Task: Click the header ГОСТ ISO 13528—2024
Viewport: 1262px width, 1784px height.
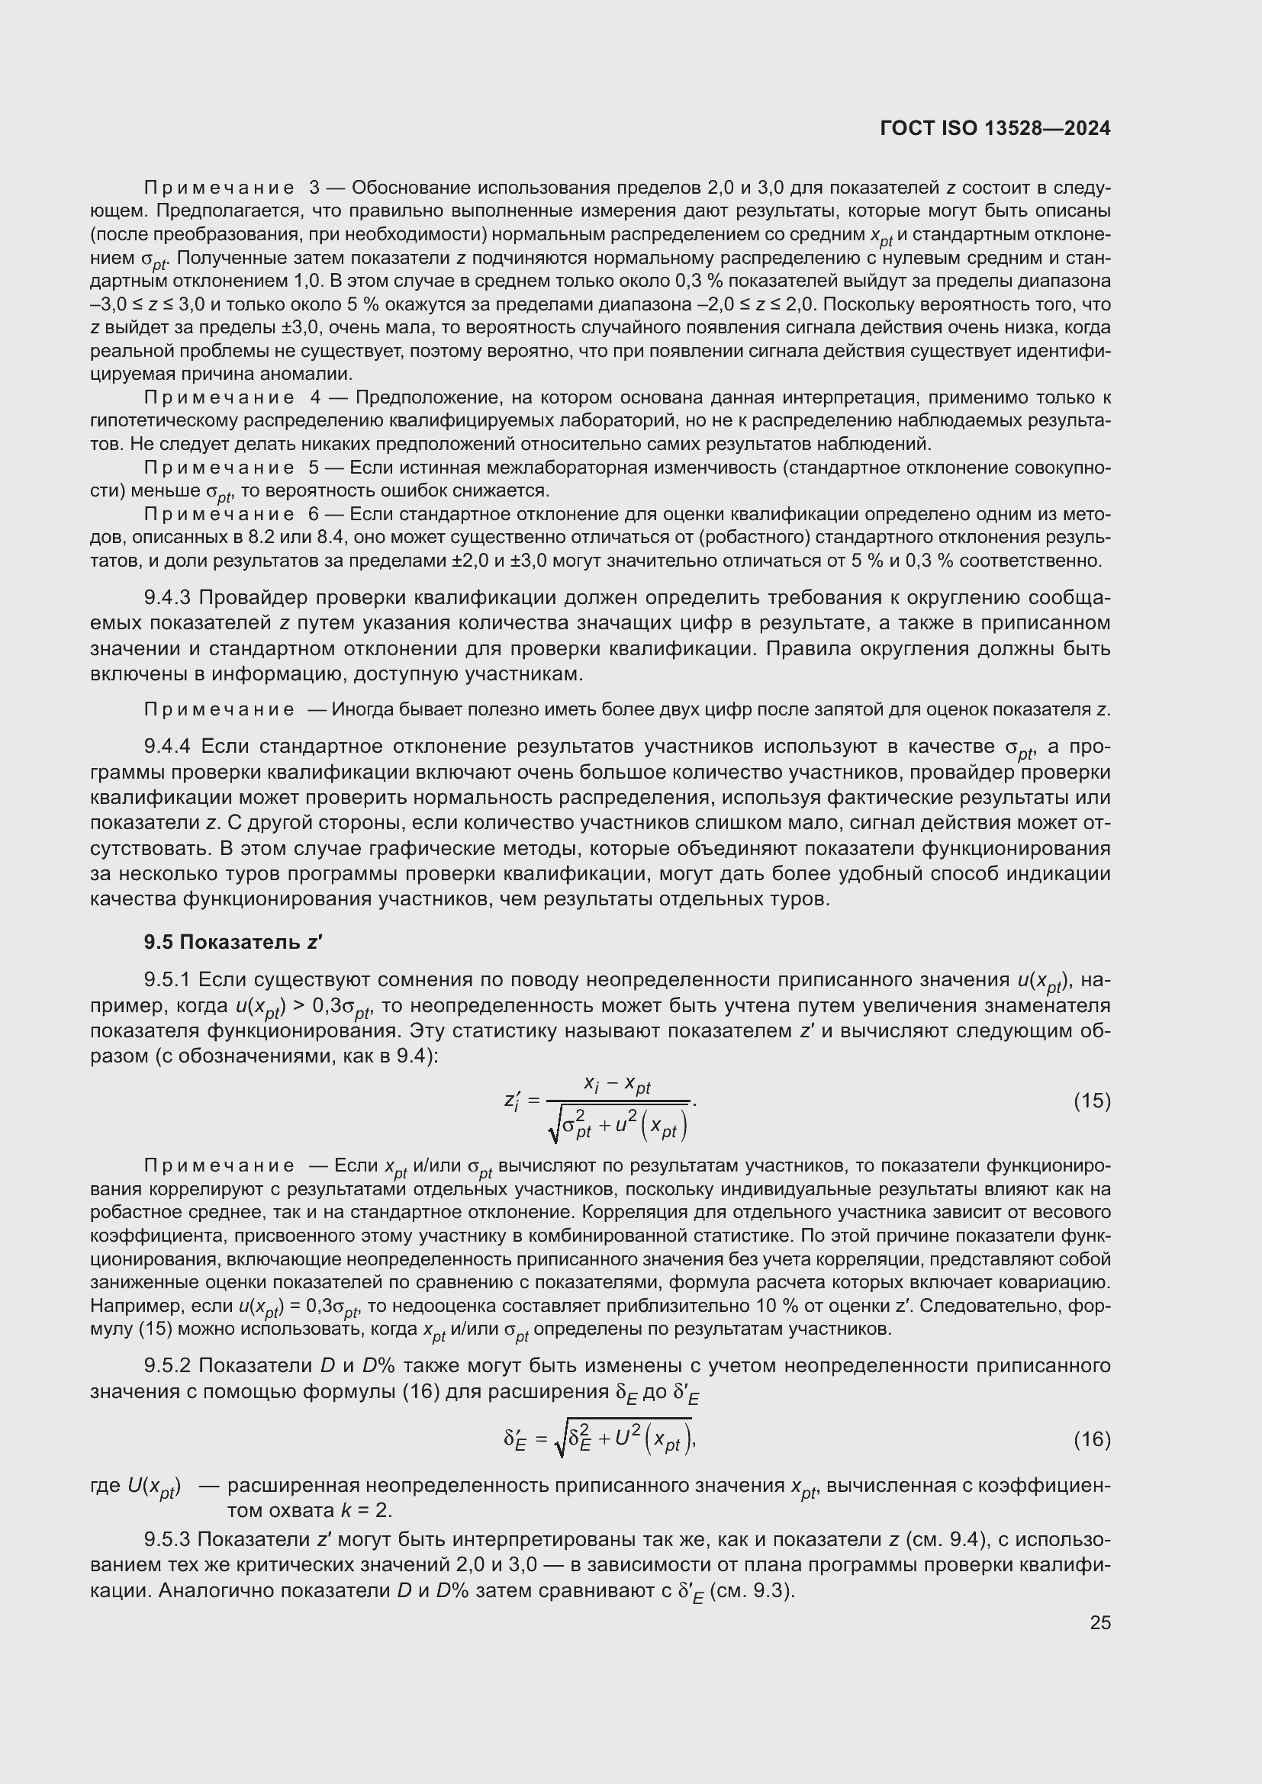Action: click(x=995, y=128)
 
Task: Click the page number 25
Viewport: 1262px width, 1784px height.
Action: click(x=1099, y=1622)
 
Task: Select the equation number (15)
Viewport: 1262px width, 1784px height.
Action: click(x=1092, y=1101)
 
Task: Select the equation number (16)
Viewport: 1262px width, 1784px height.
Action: click(x=1092, y=1440)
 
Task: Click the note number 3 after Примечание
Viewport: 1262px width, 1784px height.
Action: click(x=314, y=188)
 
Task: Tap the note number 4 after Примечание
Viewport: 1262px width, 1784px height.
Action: click(x=314, y=398)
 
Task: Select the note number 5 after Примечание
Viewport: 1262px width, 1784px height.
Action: click(x=314, y=468)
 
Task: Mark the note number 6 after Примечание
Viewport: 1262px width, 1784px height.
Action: click(x=314, y=514)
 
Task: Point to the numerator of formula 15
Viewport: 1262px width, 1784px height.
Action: click(x=617, y=1084)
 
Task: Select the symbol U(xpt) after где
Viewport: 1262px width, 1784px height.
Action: click(x=154, y=1487)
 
